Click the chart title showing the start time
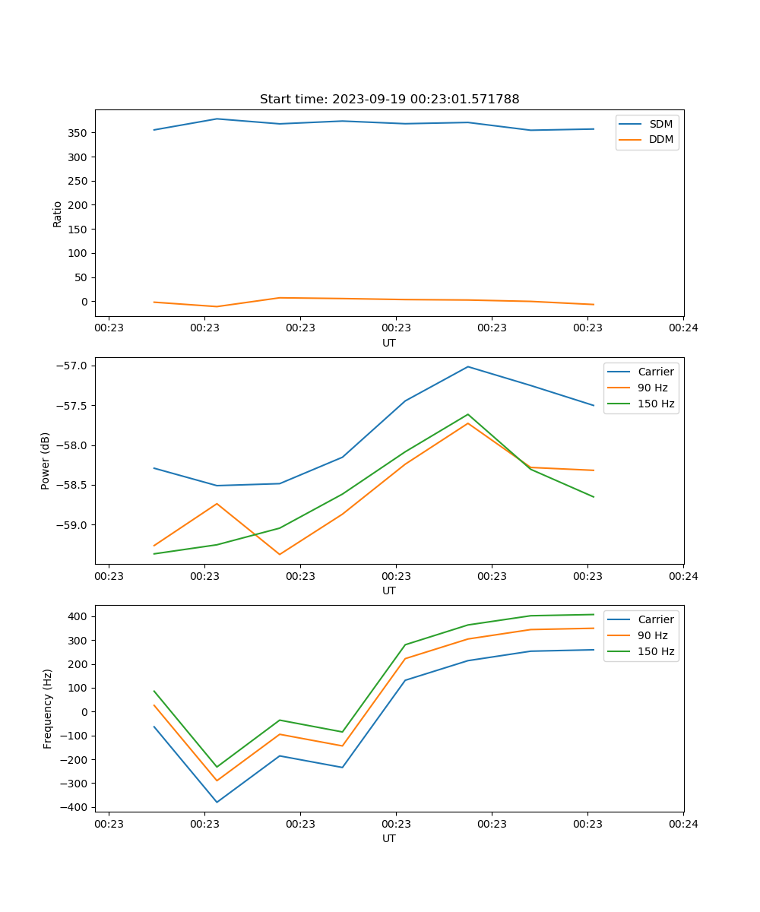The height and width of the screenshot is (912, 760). click(x=389, y=100)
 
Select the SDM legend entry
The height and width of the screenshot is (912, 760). click(x=660, y=124)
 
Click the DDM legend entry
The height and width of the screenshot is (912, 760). click(x=660, y=140)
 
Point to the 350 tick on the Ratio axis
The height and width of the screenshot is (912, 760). click(x=78, y=133)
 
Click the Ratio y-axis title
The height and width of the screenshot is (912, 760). click(x=57, y=214)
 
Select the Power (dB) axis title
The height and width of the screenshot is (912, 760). click(x=46, y=461)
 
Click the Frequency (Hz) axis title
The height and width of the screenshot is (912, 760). click(x=47, y=708)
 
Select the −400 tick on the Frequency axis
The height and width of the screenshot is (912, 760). click(x=75, y=807)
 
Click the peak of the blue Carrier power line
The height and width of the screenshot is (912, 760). click(x=468, y=366)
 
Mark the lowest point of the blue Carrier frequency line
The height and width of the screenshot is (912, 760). click(x=217, y=802)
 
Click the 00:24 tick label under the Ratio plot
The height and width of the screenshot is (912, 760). click(x=683, y=328)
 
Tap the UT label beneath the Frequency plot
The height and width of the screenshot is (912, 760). click(x=389, y=838)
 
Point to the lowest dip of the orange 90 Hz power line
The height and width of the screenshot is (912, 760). click(x=280, y=554)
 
